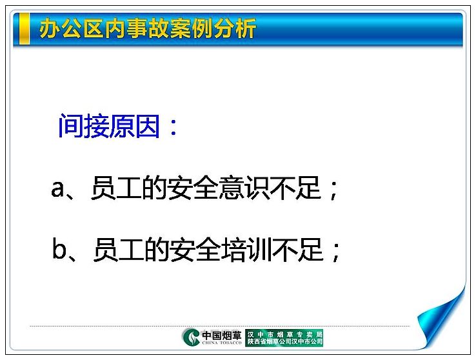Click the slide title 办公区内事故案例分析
click(148, 28)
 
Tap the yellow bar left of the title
click(25, 29)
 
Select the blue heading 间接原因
click(109, 126)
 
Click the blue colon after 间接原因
click(174, 128)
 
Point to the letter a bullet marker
click(57, 189)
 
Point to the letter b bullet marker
click(59, 249)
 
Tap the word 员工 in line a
click(116, 188)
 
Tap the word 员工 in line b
click(119, 250)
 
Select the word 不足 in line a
click(295, 188)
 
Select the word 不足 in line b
click(297, 250)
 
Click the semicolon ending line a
click(333, 190)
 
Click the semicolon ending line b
click(336, 252)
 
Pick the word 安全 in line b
click(195, 250)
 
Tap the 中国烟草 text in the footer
click(222, 335)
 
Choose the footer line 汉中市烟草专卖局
click(284, 334)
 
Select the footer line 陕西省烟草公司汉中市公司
click(284, 341)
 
